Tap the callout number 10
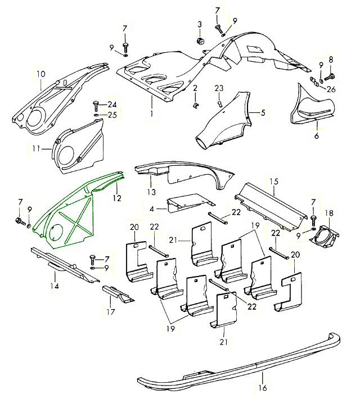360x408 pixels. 40,74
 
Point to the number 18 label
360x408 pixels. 329,214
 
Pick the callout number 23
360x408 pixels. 219,88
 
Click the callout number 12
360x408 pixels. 116,197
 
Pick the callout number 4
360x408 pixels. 154,209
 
